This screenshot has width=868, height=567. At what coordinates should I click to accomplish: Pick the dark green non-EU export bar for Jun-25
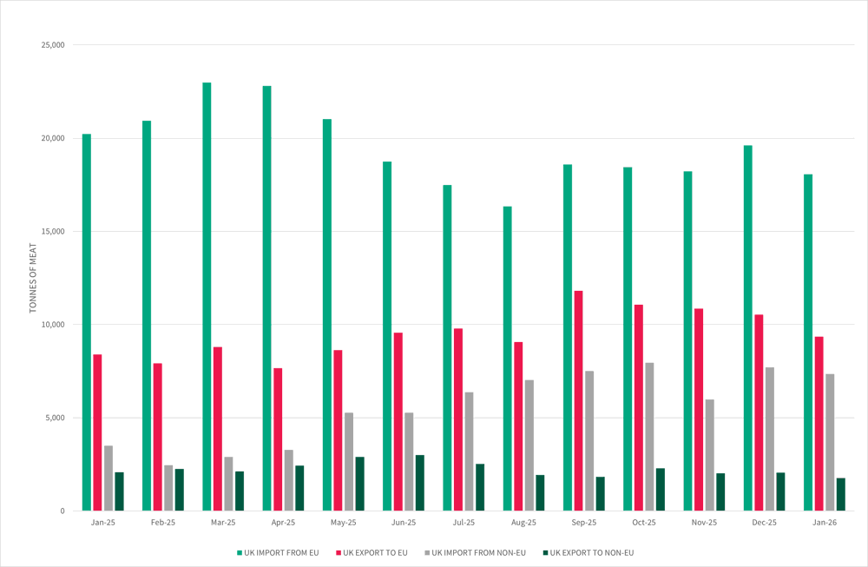420,483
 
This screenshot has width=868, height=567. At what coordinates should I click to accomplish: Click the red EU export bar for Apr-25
278,439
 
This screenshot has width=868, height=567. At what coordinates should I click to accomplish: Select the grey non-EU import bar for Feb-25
168,488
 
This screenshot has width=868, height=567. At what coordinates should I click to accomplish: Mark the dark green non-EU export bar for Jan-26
840,494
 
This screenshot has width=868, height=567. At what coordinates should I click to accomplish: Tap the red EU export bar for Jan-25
97,432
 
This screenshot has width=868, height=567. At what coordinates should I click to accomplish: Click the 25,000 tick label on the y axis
53,45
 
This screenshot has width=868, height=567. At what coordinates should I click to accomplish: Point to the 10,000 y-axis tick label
53,325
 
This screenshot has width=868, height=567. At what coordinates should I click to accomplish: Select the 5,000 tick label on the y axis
56,418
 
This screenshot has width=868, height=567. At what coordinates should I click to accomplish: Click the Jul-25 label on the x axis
464,523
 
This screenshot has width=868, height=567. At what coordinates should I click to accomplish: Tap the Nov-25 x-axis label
704,523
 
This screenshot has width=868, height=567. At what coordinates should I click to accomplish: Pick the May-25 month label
344,523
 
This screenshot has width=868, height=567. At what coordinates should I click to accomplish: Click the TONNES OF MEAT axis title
33,278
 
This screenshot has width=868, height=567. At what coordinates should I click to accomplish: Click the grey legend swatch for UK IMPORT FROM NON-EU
426,552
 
